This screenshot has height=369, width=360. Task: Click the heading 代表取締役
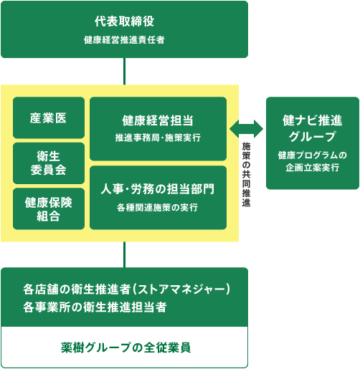(124, 21)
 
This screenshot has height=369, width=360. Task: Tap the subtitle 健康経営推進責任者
(124, 39)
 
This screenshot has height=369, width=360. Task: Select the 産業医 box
(49, 118)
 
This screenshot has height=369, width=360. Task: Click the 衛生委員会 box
(49, 163)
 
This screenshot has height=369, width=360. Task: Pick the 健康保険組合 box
(49, 208)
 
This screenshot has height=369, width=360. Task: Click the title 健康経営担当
(158, 120)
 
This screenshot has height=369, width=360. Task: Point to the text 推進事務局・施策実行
(158, 137)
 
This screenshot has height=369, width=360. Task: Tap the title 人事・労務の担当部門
(158, 189)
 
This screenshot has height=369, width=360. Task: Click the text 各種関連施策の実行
(158, 208)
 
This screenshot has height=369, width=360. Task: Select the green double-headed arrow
(246, 128)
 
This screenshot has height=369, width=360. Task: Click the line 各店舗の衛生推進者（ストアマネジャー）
(125, 289)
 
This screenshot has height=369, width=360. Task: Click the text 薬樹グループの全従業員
(125, 348)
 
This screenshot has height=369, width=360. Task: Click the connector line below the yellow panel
(125, 254)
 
